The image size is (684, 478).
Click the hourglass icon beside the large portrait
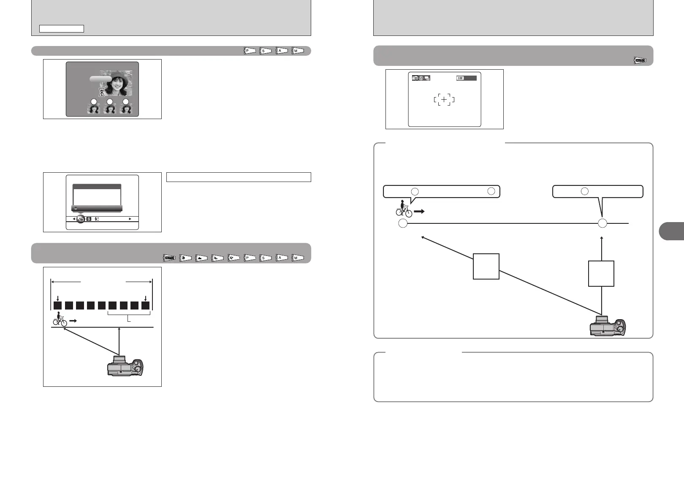(x=101, y=92)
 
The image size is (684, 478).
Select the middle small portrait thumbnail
(x=110, y=109)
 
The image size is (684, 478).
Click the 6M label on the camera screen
(x=460, y=78)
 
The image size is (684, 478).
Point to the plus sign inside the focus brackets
(x=444, y=100)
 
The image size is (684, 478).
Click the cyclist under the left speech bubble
(x=404, y=209)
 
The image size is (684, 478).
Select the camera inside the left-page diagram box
(x=125, y=366)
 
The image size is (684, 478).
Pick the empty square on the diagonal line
(x=486, y=266)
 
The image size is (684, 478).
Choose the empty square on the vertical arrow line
(x=601, y=274)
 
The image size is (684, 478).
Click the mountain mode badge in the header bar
(x=201, y=257)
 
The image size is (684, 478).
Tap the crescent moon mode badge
(x=233, y=257)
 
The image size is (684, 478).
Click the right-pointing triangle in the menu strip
(x=130, y=219)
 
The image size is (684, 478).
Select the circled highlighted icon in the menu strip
(x=81, y=219)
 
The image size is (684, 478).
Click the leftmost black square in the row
(x=58, y=306)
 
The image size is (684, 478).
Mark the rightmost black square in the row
(x=146, y=306)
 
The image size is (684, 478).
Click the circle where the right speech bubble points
(x=603, y=223)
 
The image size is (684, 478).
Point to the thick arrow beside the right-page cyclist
(x=419, y=212)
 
